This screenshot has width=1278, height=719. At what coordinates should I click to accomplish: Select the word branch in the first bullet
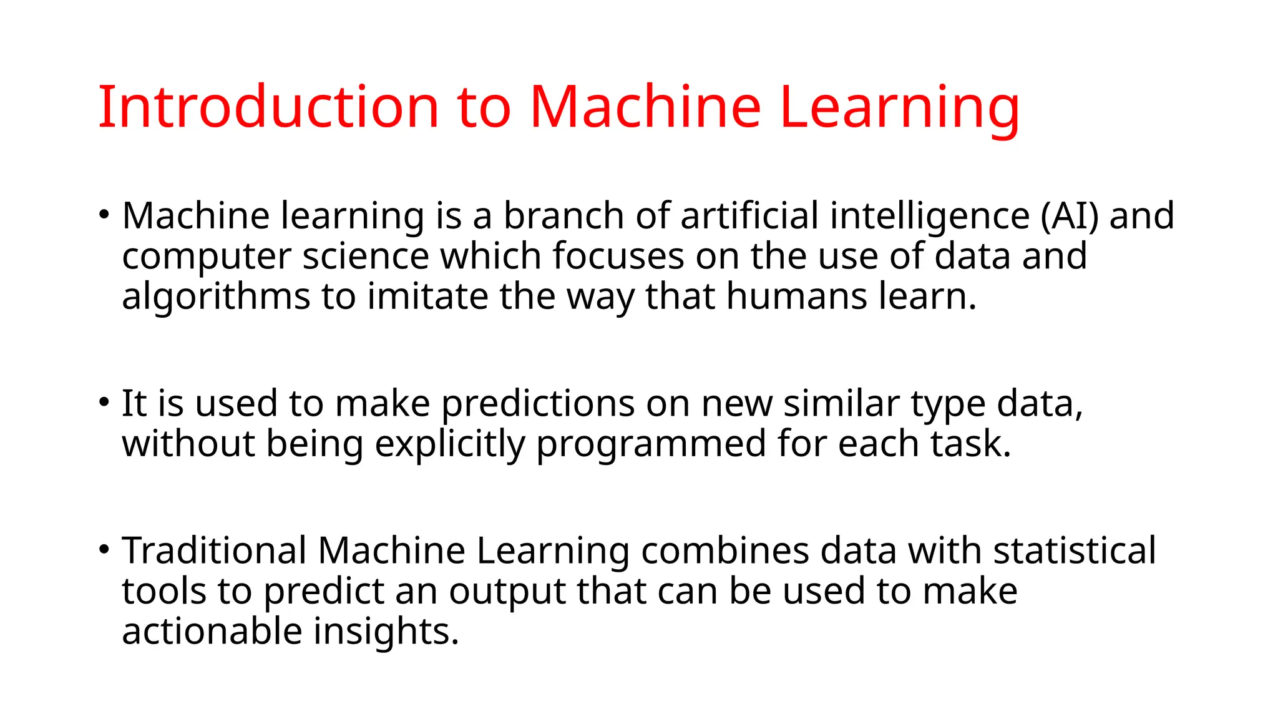(x=563, y=216)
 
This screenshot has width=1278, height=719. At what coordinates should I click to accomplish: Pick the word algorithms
(x=215, y=296)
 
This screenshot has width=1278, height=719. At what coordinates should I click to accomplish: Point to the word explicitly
(x=449, y=444)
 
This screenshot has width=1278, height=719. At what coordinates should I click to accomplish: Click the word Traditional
(x=214, y=551)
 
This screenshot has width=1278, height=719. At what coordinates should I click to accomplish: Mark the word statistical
(x=1074, y=551)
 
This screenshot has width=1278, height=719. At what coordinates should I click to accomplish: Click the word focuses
(x=618, y=256)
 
